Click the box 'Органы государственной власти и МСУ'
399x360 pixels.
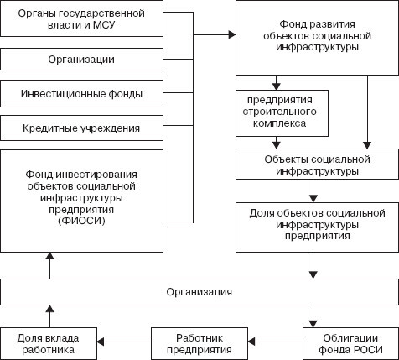coord(81,18)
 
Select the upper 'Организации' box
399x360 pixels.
coord(81,59)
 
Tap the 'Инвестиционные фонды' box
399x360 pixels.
coord(81,93)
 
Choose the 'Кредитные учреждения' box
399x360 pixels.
coord(81,128)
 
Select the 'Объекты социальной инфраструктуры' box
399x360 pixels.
coord(312,164)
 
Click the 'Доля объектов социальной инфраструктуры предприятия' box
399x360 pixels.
coord(312,226)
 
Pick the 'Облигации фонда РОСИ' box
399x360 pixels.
coord(347,342)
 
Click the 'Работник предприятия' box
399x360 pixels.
coord(199,342)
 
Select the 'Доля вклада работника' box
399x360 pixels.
coord(49,342)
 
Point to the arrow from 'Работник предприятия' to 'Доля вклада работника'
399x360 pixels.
coord(126,342)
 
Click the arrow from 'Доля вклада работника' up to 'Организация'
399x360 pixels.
coord(49,316)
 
